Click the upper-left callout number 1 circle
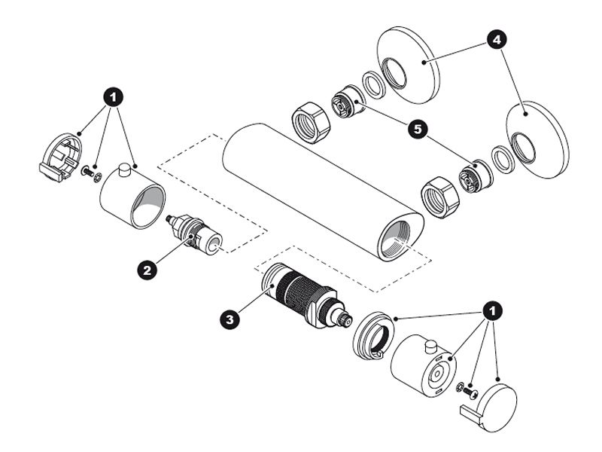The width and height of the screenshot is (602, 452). click(x=114, y=97)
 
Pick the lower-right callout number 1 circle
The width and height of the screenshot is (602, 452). click(x=492, y=310)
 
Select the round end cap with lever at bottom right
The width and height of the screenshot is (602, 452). click(x=493, y=407)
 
